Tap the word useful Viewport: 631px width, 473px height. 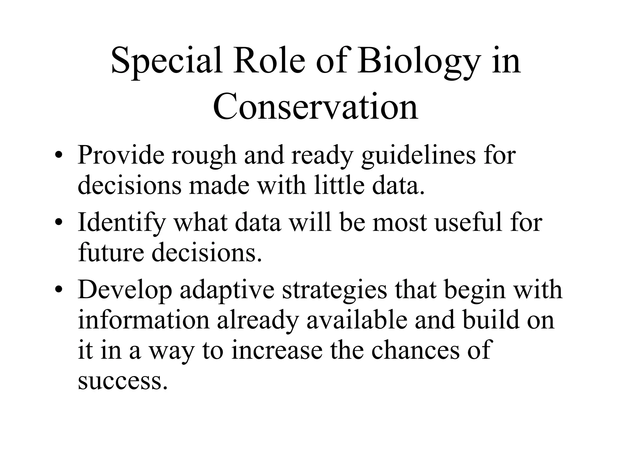pos(468,222)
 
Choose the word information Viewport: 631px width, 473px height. pos(144,320)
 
